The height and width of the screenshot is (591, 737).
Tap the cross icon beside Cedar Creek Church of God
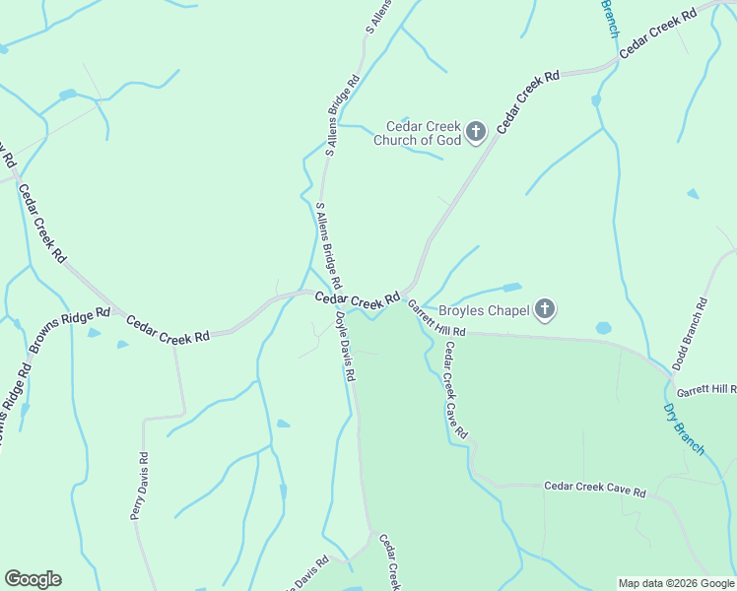[476, 132]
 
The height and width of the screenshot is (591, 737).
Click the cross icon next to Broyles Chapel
[545, 310]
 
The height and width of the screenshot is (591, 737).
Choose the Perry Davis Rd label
[139, 485]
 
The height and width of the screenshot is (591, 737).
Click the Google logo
[33, 579]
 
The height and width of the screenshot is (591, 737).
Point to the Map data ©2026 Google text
[676, 583]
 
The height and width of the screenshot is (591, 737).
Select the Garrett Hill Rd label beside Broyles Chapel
[435, 321]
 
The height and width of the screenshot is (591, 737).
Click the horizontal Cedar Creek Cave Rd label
[594, 490]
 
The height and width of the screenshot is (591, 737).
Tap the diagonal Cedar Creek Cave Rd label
[455, 390]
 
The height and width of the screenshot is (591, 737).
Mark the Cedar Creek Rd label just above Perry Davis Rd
[168, 329]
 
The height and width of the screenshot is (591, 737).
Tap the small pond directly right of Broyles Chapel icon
[603, 328]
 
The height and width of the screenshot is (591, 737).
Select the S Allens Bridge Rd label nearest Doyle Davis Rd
[329, 245]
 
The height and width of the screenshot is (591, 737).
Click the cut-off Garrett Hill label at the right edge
[706, 390]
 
